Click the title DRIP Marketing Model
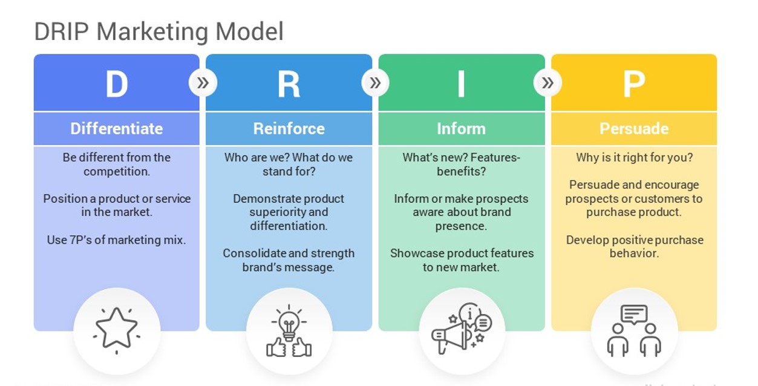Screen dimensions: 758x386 coord(158,31)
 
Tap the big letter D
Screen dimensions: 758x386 coord(117,84)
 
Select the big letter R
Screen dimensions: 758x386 coord(289,84)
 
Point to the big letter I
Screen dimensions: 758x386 coord(461,84)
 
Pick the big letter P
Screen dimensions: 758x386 coord(634,84)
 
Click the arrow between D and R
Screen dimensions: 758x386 coord(203,83)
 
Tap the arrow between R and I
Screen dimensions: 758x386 coord(375,83)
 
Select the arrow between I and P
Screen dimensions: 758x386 coord(548,83)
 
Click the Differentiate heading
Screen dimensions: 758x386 coord(117,128)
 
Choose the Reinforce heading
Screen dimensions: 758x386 coord(289,128)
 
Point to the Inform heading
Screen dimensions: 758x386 coord(461,128)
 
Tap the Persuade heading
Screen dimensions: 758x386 coord(634,128)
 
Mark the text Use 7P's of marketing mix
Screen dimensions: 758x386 coord(116,240)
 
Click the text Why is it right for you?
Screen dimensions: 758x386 coord(635,158)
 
